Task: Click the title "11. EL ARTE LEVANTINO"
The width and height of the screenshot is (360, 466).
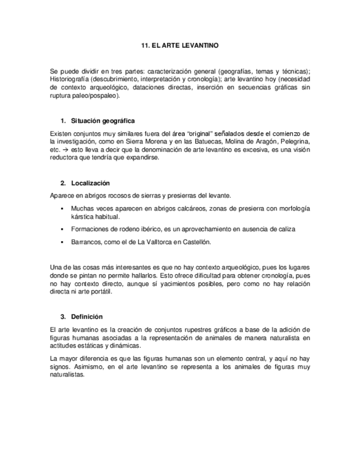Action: [180, 46]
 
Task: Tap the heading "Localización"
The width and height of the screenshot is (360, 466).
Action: [91, 183]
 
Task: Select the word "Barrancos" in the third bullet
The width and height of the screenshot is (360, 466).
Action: [87, 242]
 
